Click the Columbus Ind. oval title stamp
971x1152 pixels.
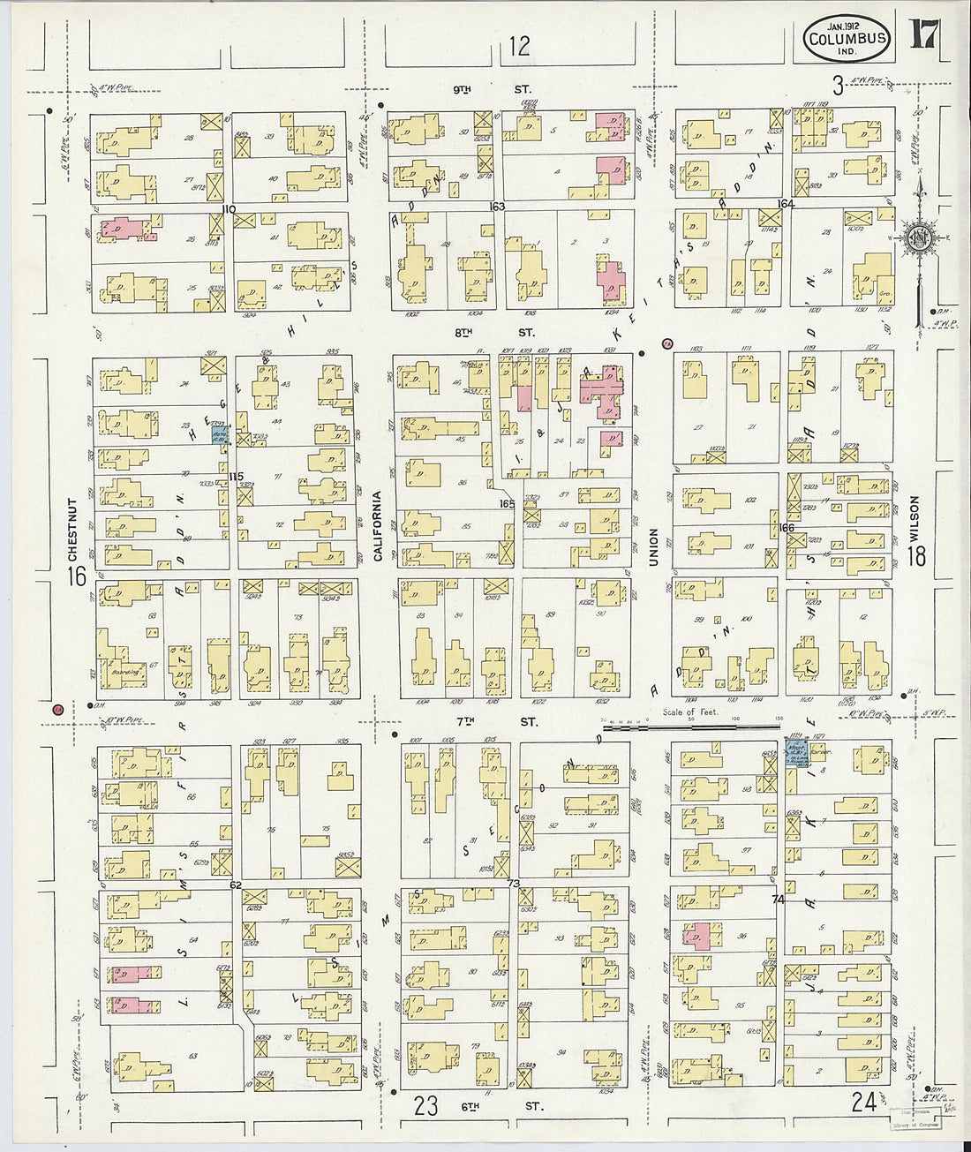click(x=846, y=39)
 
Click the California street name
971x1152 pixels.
click(x=377, y=526)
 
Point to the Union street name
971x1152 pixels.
click(x=654, y=550)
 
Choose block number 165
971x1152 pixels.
click(x=507, y=504)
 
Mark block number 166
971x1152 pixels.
click(x=787, y=528)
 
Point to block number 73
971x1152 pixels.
click(x=513, y=884)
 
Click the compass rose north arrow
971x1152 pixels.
click(x=919, y=234)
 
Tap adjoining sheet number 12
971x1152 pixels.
click(x=520, y=46)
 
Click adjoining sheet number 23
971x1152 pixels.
click(x=426, y=1105)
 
